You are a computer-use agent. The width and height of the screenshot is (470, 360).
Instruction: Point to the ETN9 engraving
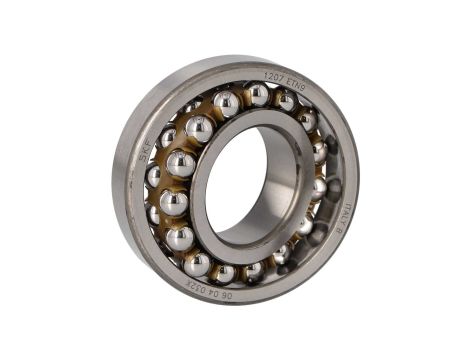pos(294,81)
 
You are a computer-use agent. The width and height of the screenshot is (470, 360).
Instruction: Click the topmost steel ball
pos(257,93)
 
